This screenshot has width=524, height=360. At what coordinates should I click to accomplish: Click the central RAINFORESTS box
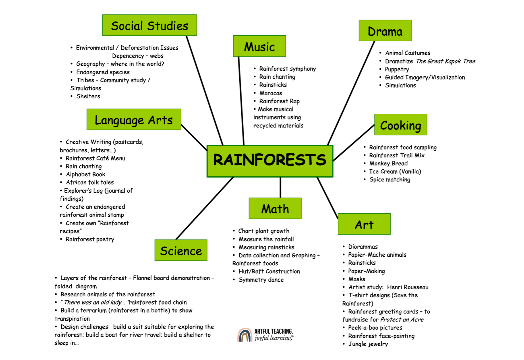[270, 161]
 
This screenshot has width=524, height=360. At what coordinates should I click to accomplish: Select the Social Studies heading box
[150, 25]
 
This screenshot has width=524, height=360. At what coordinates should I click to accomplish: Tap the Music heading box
[260, 46]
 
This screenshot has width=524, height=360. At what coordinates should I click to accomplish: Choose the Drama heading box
[385, 31]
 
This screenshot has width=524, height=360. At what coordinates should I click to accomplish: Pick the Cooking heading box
[401, 125]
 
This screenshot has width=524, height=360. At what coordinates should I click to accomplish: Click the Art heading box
[364, 224]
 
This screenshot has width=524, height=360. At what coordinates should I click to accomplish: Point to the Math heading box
[275, 208]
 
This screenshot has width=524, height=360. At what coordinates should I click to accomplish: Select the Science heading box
[181, 250]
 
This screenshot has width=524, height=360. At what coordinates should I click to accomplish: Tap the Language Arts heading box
[134, 119]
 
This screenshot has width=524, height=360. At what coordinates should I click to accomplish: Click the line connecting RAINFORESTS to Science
[205, 208]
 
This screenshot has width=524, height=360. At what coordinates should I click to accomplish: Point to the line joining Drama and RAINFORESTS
[351, 93]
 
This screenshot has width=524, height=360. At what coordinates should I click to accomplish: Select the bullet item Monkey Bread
[388, 163]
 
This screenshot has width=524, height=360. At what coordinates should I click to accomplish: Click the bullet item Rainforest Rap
[279, 101]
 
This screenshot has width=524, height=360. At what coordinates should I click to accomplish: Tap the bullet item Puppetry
[397, 69]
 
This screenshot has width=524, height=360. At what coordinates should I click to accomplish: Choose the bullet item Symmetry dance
[261, 280]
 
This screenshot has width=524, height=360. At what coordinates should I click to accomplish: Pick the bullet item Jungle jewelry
[368, 344]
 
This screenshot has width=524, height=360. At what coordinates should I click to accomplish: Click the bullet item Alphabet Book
[86, 174]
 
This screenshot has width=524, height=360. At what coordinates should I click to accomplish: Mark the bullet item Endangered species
[103, 72]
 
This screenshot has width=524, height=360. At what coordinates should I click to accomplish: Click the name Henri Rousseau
[408, 287]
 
